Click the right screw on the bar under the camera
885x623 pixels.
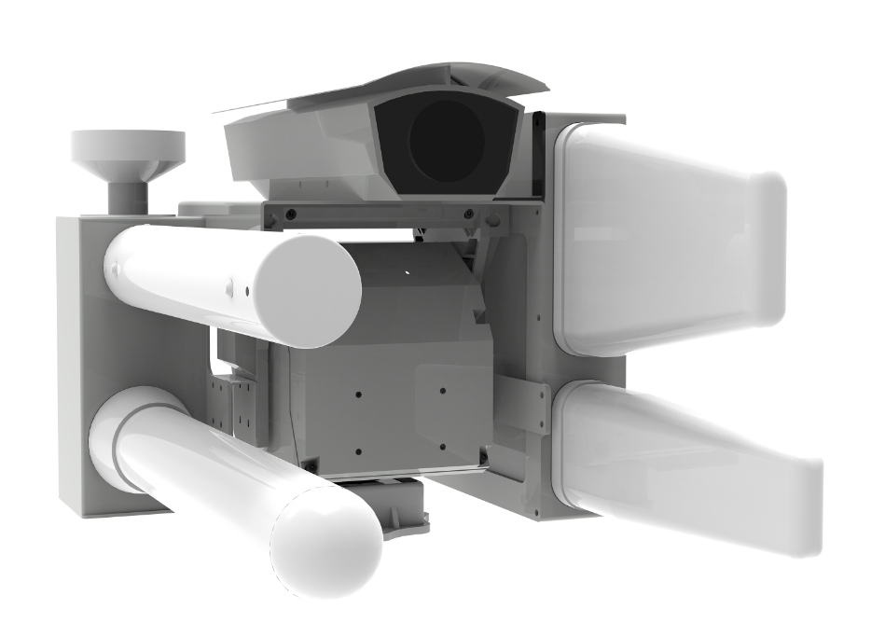[466, 215]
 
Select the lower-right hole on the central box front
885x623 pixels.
[443, 448]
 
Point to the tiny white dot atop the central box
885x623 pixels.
[408, 271]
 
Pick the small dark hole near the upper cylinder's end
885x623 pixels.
[247, 290]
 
